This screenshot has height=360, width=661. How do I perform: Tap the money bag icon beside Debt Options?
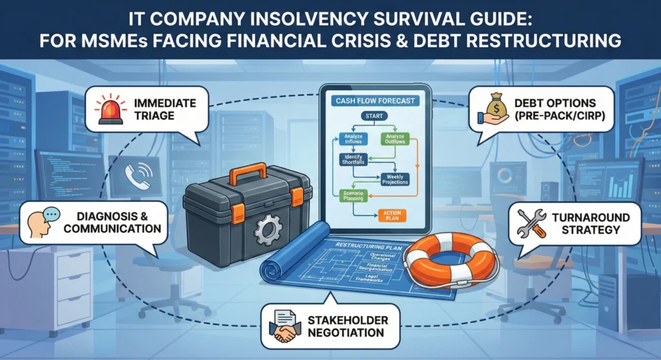[x=493, y=108]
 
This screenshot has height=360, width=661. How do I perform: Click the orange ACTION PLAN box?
[x=392, y=216]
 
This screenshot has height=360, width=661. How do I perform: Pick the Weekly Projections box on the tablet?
[x=395, y=179]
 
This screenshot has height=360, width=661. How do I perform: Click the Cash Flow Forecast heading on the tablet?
[x=375, y=101]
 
